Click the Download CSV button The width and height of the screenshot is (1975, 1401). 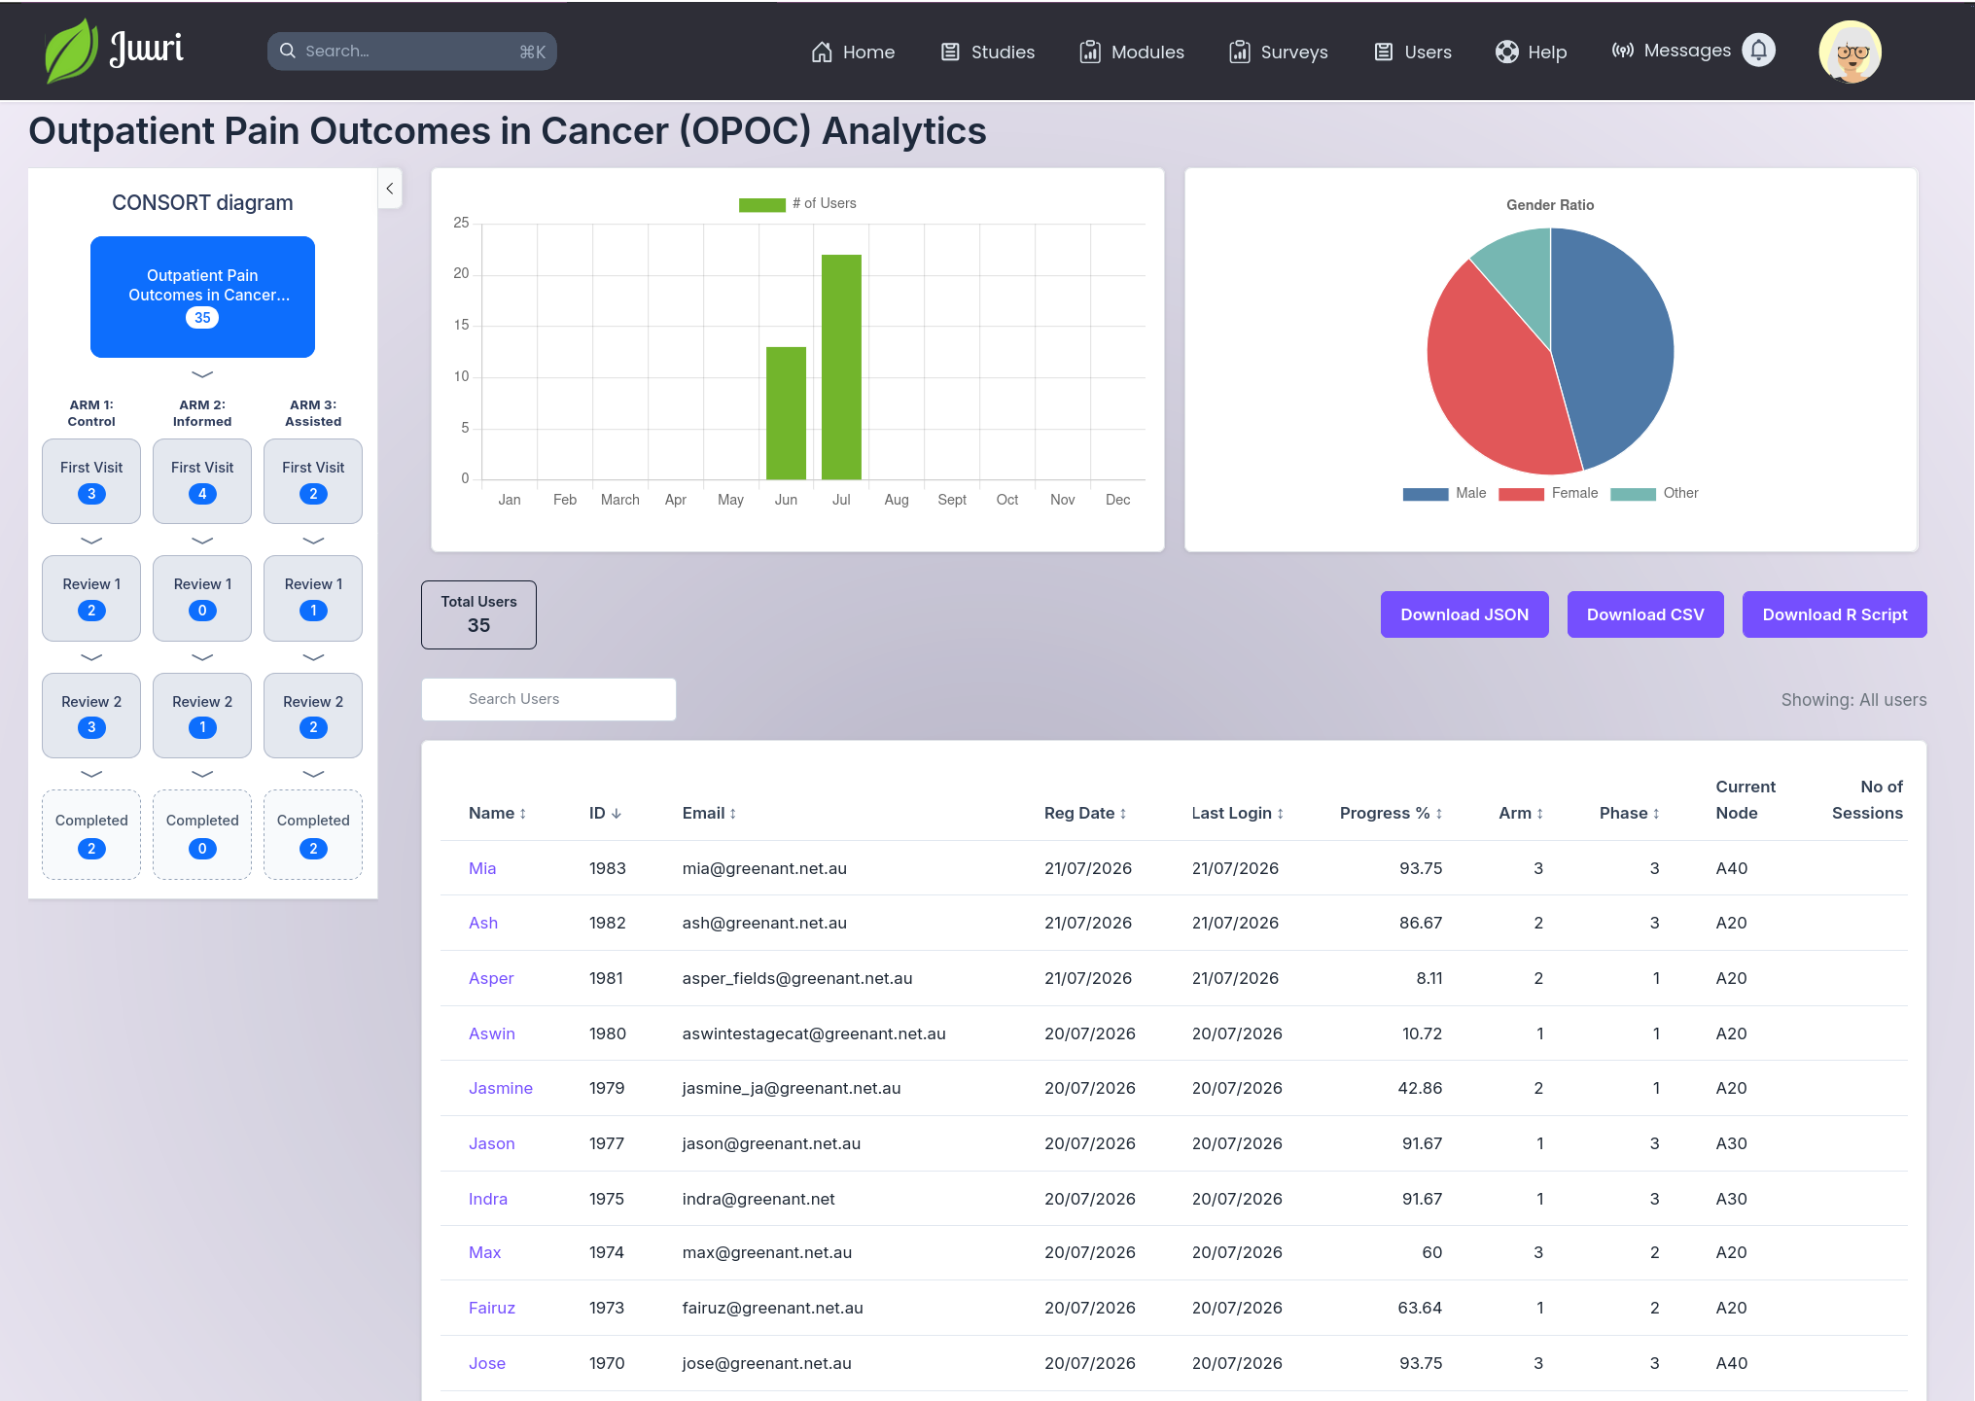(x=1645, y=614)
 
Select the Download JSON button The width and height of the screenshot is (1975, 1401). (x=1464, y=614)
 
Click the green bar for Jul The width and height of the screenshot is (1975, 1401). (x=841, y=367)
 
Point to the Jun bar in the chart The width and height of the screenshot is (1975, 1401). (x=786, y=413)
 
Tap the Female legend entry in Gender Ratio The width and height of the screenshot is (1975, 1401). (x=1548, y=493)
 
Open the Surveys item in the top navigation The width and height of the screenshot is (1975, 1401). (x=1278, y=52)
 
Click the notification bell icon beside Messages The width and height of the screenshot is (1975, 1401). (x=1758, y=51)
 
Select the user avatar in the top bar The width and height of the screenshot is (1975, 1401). (x=1850, y=52)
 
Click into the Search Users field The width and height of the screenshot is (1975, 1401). (x=548, y=699)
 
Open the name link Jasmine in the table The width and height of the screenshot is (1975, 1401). (x=500, y=1088)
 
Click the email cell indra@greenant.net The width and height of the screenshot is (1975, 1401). (x=758, y=1199)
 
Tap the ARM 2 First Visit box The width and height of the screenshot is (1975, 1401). (x=202, y=481)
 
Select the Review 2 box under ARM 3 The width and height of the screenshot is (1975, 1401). (x=313, y=716)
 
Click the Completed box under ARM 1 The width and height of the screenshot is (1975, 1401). (x=91, y=834)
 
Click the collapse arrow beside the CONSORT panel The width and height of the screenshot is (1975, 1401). (x=390, y=189)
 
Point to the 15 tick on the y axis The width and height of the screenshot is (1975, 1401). (x=461, y=325)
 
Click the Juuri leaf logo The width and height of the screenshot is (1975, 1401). (x=71, y=51)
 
